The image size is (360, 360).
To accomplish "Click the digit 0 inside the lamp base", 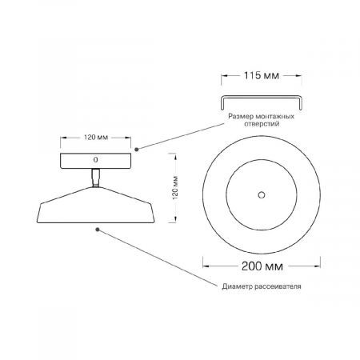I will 95,160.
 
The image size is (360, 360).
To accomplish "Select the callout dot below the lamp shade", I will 98,229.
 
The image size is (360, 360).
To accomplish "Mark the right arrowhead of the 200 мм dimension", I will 319,262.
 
